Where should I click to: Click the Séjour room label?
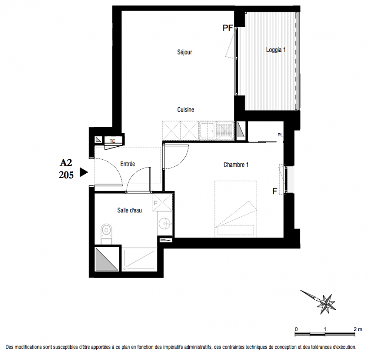point(185,52)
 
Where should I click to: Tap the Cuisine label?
point(186,110)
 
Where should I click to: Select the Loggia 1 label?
point(276,50)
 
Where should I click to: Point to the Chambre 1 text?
point(236,165)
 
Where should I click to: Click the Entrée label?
point(128,164)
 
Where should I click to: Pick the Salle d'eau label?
point(129,210)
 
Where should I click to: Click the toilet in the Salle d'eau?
point(107,234)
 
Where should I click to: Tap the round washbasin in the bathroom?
point(165,223)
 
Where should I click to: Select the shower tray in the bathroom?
point(139,260)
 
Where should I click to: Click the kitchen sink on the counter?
point(207,131)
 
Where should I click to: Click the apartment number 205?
point(66,175)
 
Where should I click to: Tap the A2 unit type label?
point(66,162)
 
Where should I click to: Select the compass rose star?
point(326,304)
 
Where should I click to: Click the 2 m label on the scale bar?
point(358,329)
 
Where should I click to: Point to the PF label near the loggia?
point(227,28)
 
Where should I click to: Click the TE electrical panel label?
point(112,141)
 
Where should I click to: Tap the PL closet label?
point(280,135)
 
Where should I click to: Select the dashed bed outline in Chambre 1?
point(236,209)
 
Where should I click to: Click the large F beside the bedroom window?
point(275,191)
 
